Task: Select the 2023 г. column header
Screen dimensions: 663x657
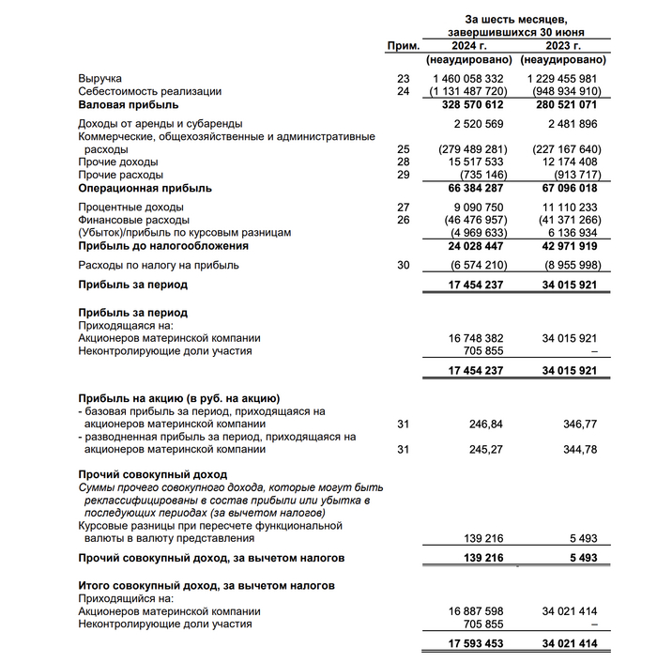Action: tap(563, 45)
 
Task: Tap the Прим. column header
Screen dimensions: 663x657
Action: tap(404, 45)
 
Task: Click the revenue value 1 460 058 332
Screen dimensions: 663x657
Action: tap(469, 78)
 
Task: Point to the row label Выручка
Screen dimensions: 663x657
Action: tap(100, 78)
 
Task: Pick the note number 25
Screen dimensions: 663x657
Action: tap(404, 149)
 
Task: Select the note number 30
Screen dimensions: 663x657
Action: tap(404, 266)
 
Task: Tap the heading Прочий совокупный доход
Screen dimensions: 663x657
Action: tap(152, 474)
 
